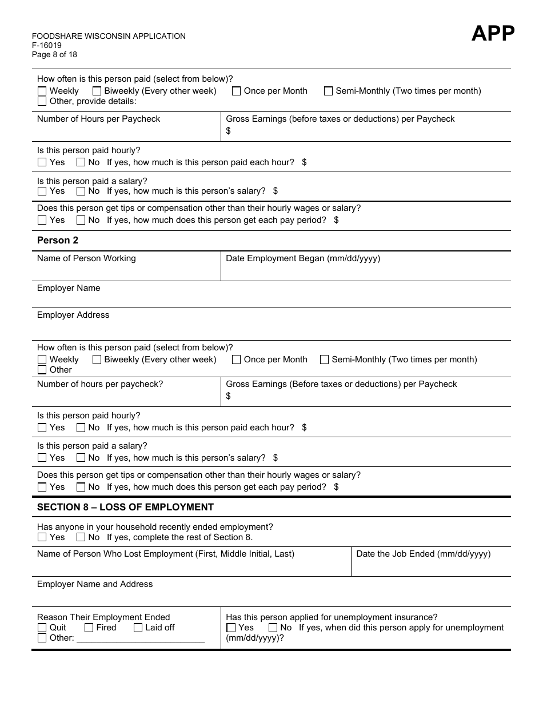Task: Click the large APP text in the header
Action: [493, 34]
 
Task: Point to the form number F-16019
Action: [47, 46]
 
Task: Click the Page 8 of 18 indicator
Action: [54, 55]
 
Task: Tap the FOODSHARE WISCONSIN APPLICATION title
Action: [109, 36]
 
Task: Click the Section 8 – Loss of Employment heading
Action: [125, 508]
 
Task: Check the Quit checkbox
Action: [42, 628]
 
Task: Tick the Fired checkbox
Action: [89, 628]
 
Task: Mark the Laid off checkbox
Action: [138, 628]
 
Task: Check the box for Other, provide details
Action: [42, 102]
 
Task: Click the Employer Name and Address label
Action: [95, 585]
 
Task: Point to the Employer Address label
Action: [73, 315]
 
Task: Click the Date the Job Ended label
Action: [423, 554]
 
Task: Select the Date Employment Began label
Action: [303, 258]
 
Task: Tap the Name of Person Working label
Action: [86, 258]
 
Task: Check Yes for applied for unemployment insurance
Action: [231, 628]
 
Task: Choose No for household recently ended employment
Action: [81, 537]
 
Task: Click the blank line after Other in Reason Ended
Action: [141, 638]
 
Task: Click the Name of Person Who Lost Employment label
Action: [166, 554]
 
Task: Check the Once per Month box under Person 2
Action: [236, 360]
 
